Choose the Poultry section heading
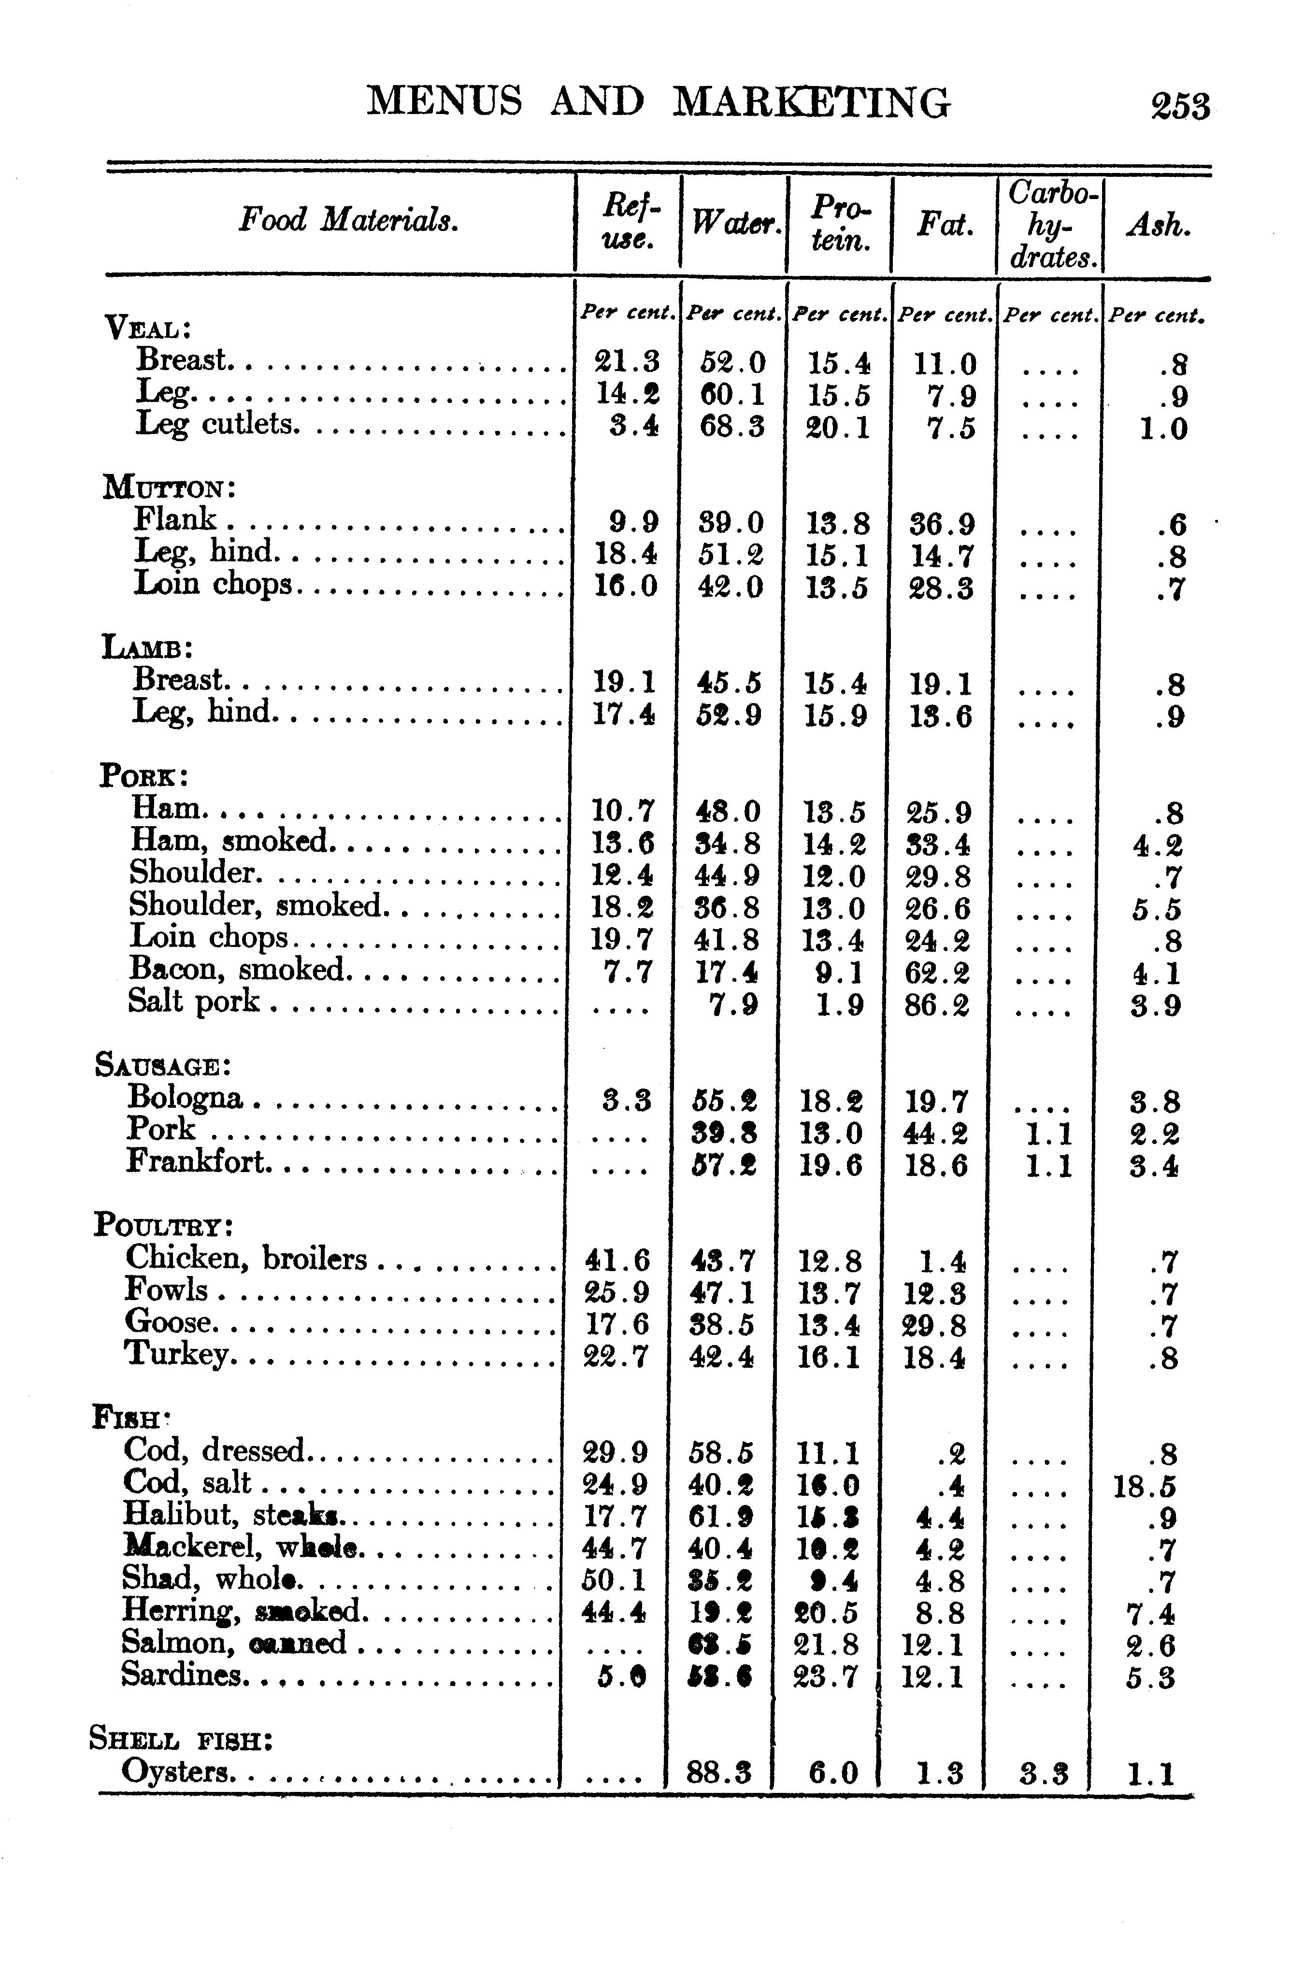163,1225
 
